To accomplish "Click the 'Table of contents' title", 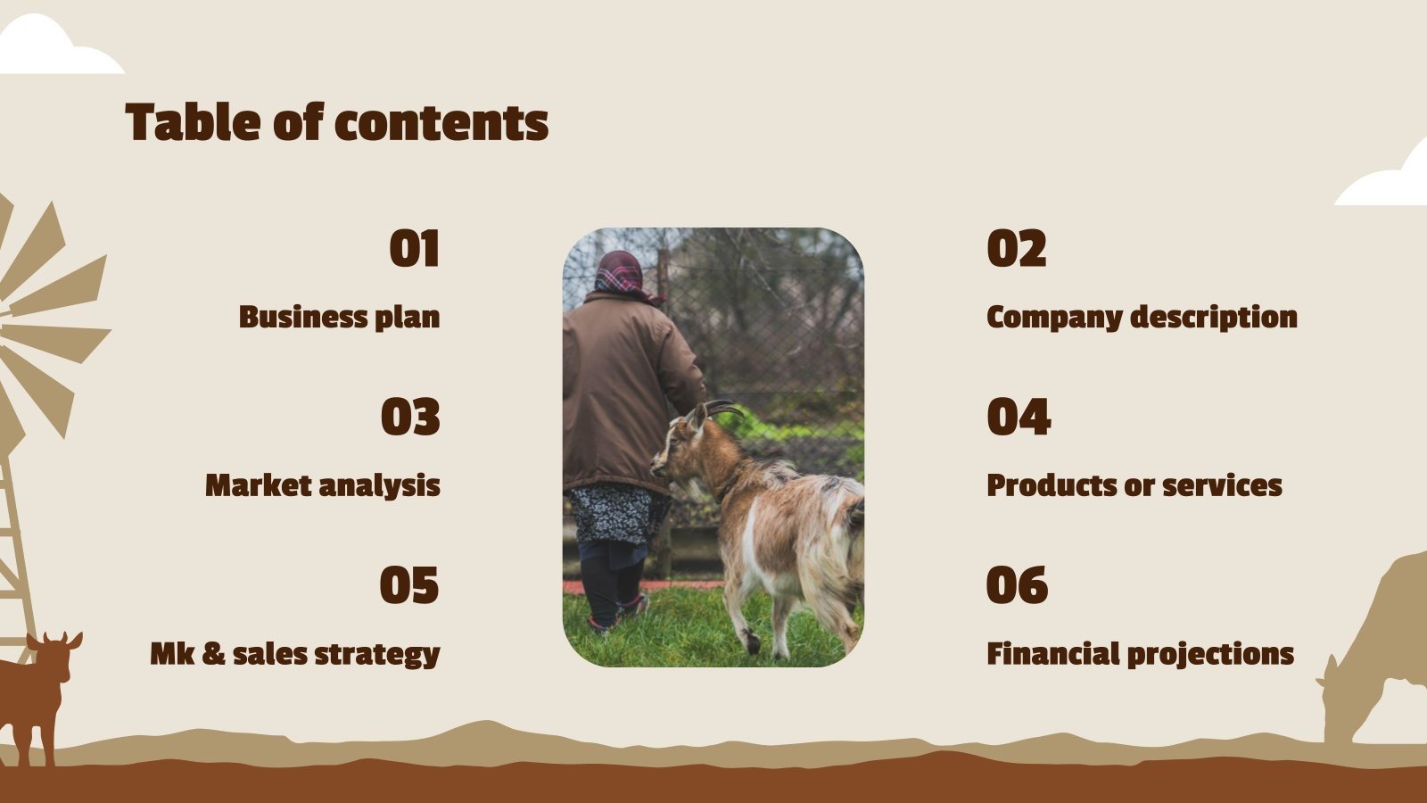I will pos(336,122).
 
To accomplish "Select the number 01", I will pos(414,249).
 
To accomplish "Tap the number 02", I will pos(1016,249).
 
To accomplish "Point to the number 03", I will pos(410,418).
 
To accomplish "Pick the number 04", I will pos(1019,418).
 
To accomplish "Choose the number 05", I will pos(409,585).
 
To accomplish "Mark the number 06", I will pos(1017,585).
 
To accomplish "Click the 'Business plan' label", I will pos(339,317).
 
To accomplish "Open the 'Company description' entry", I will pos(1142,317).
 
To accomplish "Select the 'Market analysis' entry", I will pos(323,485).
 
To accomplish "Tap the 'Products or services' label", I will pos(1134,485).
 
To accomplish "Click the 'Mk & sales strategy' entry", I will pos(295,654).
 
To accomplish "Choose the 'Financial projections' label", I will pos(1140,654).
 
